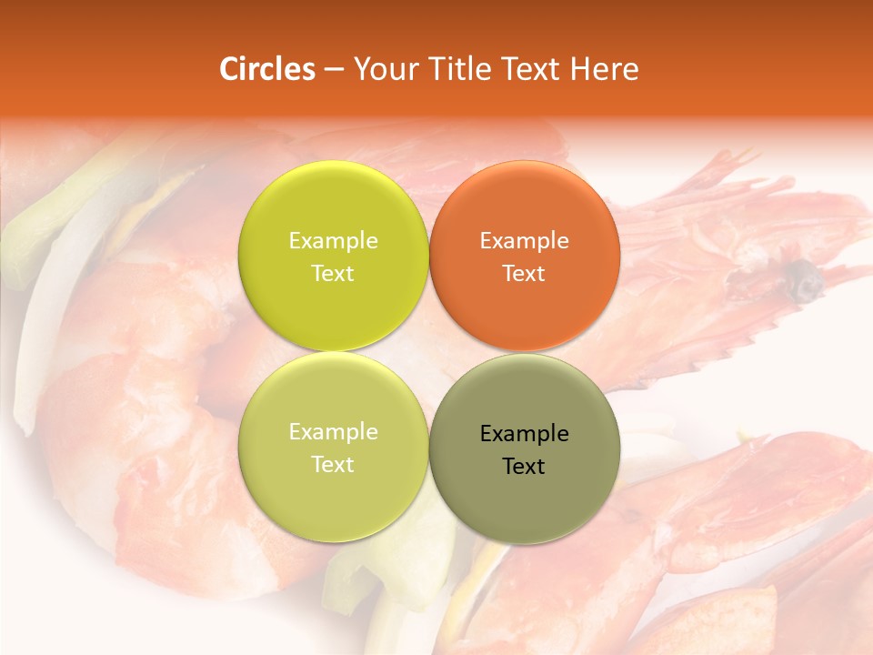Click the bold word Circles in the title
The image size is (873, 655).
tap(267, 69)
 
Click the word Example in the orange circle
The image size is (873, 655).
tap(524, 241)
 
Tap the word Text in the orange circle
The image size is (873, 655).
tap(524, 274)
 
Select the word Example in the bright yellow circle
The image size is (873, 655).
tap(333, 241)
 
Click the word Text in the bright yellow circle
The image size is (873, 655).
tap(333, 274)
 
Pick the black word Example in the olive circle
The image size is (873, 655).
tap(524, 434)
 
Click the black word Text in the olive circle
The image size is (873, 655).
tap(524, 467)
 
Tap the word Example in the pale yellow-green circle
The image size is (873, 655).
tap(333, 432)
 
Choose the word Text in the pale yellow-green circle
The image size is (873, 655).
tap(333, 465)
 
